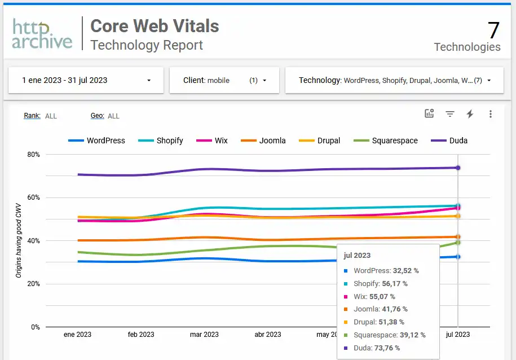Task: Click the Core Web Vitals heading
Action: (155, 26)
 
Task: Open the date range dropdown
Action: (86, 80)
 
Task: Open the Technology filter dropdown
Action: (394, 80)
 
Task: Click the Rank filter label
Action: (32, 116)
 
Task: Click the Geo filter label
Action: (96, 116)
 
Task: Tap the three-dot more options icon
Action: (490, 114)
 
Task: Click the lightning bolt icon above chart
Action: (470, 114)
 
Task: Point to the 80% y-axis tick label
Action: (33, 155)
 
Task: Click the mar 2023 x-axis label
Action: (204, 334)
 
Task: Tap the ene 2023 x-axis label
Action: (78, 334)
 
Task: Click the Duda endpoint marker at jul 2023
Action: (458, 168)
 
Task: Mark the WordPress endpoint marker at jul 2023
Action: (458, 257)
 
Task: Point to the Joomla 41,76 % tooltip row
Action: (381, 309)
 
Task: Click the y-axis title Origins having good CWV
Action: (19, 241)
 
